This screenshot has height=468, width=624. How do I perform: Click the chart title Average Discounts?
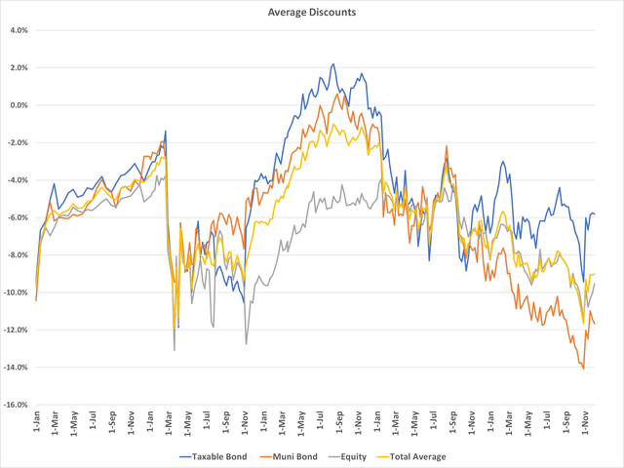pos(312,13)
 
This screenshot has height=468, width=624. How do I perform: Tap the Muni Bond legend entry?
pos(298,456)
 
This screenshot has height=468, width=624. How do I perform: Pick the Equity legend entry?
pos(362,456)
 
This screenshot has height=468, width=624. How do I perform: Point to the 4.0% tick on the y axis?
pos(19,30)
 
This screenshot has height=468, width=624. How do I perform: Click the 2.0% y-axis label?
pos(19,67)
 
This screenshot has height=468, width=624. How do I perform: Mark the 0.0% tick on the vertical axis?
pos(19,105)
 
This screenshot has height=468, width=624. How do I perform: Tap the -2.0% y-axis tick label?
pos(18,142)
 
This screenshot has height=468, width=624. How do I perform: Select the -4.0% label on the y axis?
pos(18,180)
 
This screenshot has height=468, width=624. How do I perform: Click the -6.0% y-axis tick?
pos(18,217)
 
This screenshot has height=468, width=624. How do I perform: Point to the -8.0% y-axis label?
pos(18,255)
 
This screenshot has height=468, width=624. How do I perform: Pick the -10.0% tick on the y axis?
pos(16,292)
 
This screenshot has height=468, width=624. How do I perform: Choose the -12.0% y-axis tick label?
pos(16,331)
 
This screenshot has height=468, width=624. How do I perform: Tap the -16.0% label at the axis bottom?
pos(16,405)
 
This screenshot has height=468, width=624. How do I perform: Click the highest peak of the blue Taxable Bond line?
pos(333,64)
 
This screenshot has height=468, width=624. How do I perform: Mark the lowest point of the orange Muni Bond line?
pos(583,369)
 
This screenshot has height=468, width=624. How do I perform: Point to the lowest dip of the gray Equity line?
pos(175,350)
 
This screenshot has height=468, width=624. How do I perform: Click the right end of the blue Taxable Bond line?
pos(596,214)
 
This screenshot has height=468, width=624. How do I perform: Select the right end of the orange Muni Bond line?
pos(596,325)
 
